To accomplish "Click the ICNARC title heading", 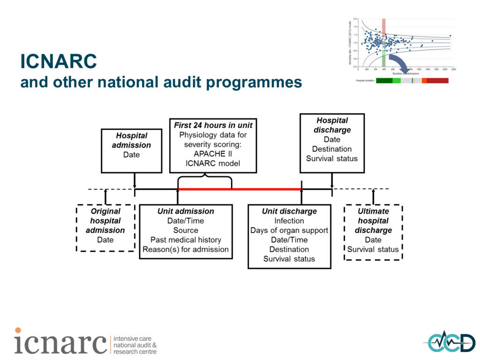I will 58,61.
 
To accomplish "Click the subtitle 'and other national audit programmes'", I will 161,82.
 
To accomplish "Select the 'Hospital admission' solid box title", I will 131,140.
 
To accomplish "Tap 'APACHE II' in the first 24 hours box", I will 213,154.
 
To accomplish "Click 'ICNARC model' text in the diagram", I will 213,164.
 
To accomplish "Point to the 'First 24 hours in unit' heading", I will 213,125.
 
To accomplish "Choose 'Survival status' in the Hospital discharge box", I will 332,158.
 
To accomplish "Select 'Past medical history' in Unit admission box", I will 186,240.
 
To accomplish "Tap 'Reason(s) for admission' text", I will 186,249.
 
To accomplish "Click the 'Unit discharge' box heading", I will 289,211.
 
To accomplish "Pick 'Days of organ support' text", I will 289,230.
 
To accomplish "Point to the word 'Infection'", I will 289,221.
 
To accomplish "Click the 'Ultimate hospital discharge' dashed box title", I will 373,221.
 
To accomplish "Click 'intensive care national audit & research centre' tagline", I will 135,345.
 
